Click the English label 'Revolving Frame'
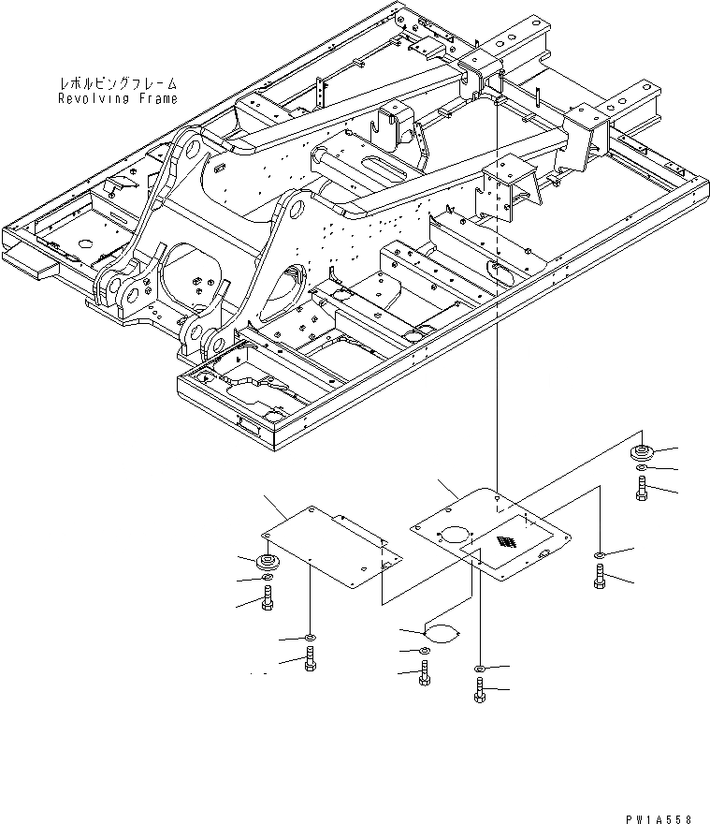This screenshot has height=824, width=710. (x=117, y=98)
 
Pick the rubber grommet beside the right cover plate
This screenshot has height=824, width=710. (x=642, y=453)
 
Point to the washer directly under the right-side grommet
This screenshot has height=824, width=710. (x=642, y=467)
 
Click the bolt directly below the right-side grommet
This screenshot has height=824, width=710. (x=642, y=488)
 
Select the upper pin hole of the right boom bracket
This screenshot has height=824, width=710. (x=296, y=204)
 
